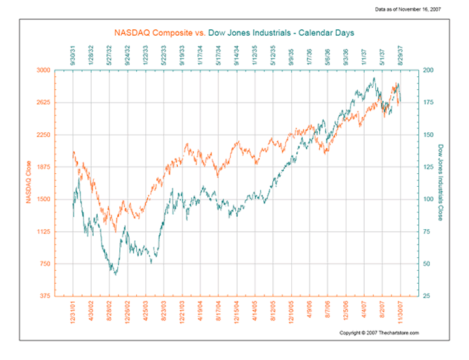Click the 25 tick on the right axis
tap(426, 296)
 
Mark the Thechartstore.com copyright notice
tap(380, 333)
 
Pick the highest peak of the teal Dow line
tap(374, 78)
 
